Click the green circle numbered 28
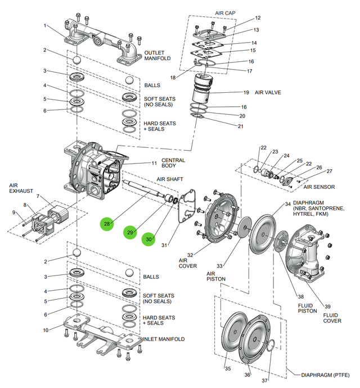[107, 224]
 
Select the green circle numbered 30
[148, 240]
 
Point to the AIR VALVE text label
[268, 92]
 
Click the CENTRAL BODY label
[173, 164]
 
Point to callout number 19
[246, 92]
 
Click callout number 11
[154, 163]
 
